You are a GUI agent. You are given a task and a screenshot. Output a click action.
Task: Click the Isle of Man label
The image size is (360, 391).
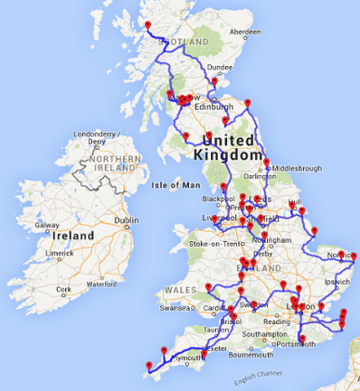(x=175, y=184)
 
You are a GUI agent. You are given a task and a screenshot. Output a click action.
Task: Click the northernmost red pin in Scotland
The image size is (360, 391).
(x=147, y=25)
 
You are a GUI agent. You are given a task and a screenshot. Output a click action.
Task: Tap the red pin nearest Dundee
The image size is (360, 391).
(x=214, y=82)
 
